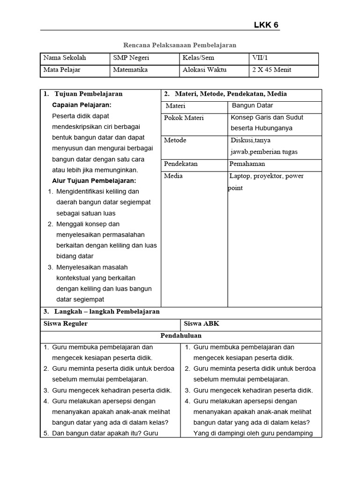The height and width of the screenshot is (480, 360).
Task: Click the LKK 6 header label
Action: point(266,25)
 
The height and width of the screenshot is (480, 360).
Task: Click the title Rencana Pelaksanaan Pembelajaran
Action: point(180,45)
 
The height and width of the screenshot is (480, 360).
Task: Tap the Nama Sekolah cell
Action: point(65,58)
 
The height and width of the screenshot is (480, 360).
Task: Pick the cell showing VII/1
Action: point(260,58)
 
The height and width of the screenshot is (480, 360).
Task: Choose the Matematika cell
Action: point(130,70)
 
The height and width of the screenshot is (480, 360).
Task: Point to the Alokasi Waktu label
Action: point(204,70)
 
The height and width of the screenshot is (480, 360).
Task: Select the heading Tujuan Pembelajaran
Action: point(88,94)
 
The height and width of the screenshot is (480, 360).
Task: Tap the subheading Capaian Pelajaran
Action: point(82,105)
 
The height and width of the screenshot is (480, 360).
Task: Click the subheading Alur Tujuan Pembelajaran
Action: point(94,180)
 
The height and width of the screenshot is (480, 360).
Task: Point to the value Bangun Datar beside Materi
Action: point(252,105)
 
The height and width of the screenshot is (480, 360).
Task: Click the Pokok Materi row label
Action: point(184,118)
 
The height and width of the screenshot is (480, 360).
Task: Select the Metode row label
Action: point(175,140)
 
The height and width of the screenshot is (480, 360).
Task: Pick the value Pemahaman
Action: point(247,164)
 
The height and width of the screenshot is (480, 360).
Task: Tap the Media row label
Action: point(173,176)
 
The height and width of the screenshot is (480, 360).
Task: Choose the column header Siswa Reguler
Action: point(66,324)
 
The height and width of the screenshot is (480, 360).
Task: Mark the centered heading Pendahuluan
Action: point(181,336)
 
